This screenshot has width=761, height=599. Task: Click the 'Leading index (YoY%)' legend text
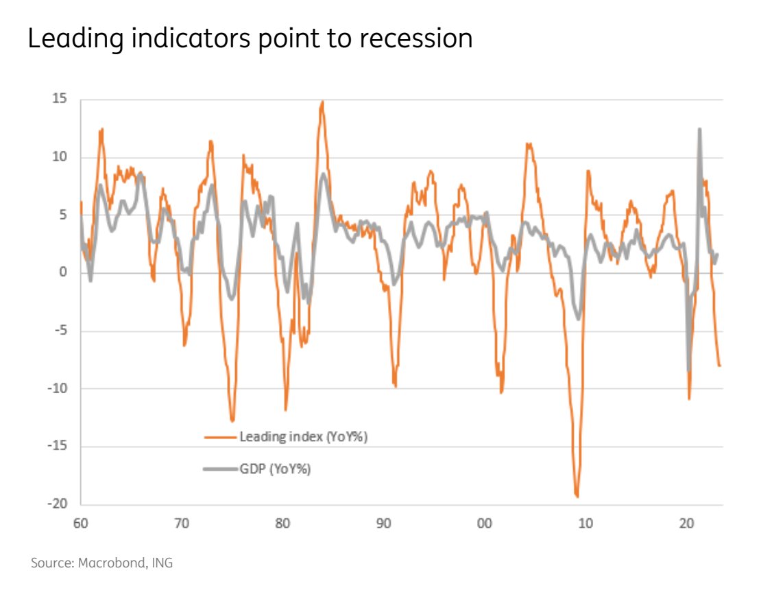pos(304,437)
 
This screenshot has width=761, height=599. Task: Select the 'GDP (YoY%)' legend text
pos(275,469)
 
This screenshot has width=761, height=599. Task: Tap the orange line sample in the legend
pos(220,437)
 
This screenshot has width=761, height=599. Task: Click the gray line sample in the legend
pos(220,469)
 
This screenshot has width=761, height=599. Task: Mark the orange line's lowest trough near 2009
pos(577,495)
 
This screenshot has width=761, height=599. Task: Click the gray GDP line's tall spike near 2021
pos(699,130)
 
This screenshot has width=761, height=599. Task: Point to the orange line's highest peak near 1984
pos(322,102)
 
